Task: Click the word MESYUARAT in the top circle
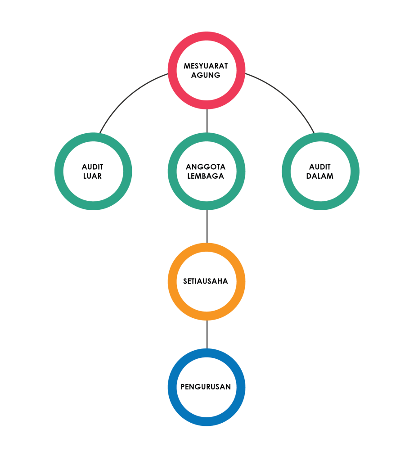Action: pos(206,66)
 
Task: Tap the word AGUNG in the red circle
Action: pos(206,75)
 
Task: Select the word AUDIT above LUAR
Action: pos(93,167)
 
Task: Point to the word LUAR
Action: pos(93,176)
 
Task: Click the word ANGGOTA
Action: pos(206,167)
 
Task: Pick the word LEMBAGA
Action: pos(206,176)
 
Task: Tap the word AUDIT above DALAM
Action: pos(320,167)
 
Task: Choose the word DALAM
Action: pos(320,176)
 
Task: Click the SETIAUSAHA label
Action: pos(206,281)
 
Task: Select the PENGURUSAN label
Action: pos(206,387)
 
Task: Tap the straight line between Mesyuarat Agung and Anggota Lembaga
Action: pos(207,121)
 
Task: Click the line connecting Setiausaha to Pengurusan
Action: pos(207,334)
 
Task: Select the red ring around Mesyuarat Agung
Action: pos(172,70)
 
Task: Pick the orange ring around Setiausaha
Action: pos(172,281)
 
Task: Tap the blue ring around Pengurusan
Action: pos(172,387)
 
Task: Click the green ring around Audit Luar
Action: pos(59,171)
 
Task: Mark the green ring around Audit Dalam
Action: pos(286,171)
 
